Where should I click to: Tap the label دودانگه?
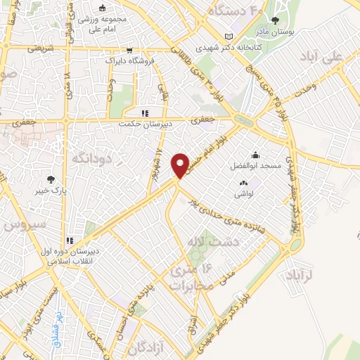[x=91, y=160]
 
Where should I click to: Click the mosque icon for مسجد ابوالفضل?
[x=254, y=155]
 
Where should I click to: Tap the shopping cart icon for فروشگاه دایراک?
[x=129, y=51]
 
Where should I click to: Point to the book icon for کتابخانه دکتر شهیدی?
[x=227, y=37]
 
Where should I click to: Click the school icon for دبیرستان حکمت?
[x=145, y=112]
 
